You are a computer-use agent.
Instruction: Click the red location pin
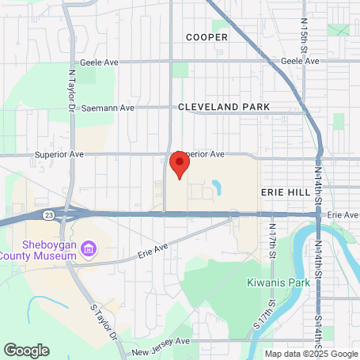tap(180, 165)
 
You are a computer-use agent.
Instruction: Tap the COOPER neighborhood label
tap(207, 36)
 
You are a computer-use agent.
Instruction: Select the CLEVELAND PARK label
tap(224, 106)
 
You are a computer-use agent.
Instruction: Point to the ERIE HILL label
tap(282, 191)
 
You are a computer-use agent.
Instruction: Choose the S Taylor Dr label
tap(103, 323)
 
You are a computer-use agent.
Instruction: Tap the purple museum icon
tap(89, 250)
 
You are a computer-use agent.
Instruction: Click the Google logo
tap(26, 350)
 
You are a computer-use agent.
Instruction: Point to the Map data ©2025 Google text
tap(310, 354)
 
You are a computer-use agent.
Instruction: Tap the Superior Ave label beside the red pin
tap(204, 153)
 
